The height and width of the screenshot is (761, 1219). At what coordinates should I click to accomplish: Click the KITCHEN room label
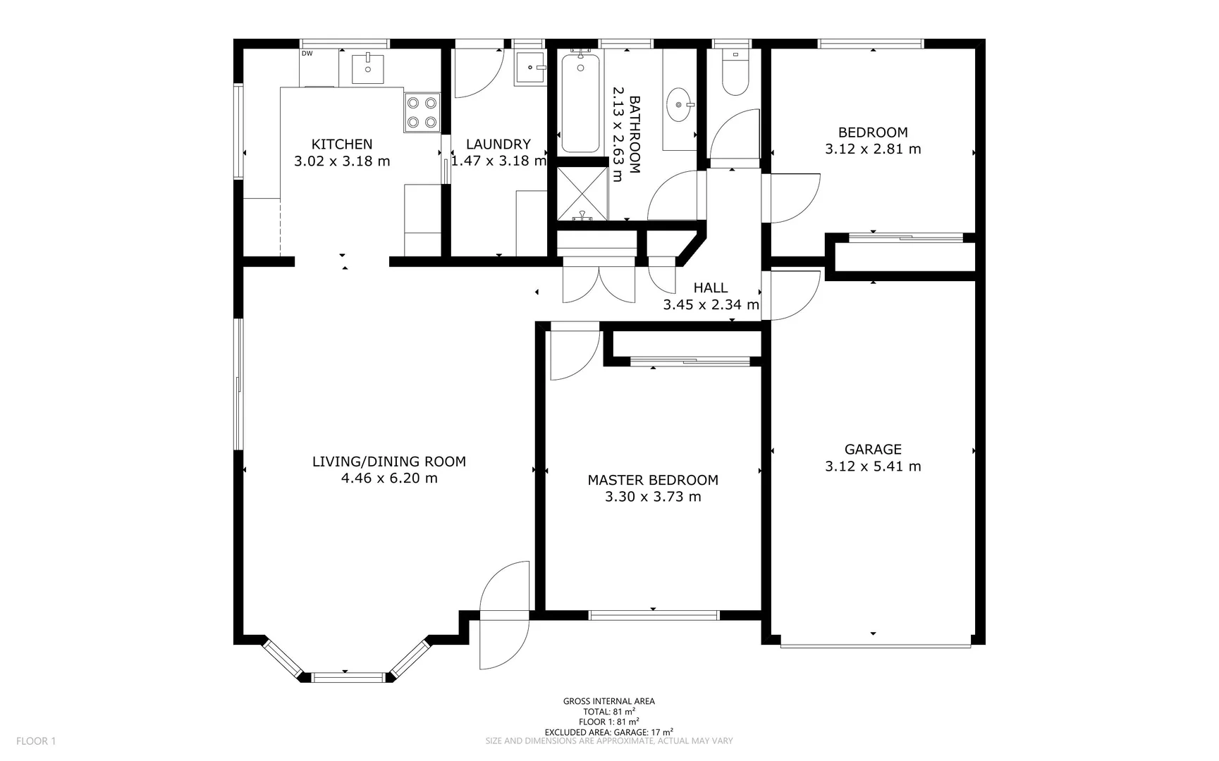(x=342, y=144)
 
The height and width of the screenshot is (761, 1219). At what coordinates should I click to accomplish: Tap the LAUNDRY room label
(x=498, y=144)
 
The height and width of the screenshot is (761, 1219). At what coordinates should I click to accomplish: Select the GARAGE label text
(x=873, y=450)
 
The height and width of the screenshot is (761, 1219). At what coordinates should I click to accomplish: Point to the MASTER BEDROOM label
(x=653, y=481)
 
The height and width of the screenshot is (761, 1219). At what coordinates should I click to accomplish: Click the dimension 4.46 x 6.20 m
(x=389, y=478)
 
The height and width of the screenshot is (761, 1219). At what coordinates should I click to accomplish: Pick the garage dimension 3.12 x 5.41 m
(x=873, y=466)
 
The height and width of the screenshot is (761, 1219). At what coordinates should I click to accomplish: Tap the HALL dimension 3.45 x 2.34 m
(x=711, y=305)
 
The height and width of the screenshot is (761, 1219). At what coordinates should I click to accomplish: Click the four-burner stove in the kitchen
(x=422, y=113)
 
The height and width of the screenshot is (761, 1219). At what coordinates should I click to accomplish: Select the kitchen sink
(x=368, y=68)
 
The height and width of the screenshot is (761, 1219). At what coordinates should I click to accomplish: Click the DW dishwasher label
(x=307, y=54)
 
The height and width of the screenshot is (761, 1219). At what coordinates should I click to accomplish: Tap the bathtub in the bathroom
(x=581, y=101)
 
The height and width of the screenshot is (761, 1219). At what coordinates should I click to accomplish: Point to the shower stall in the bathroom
(x=582, y=194)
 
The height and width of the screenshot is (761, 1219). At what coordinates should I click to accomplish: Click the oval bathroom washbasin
(x=680, y=104)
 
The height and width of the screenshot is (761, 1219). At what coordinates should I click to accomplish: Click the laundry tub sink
(x=529, y=68)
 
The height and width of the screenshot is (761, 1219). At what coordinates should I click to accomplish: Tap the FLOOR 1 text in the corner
(x=36, y=741)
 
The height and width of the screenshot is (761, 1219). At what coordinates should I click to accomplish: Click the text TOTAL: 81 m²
(x=609, y=712)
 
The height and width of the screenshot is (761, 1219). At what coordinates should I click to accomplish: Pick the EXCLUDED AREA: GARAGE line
(x=609, y=732)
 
